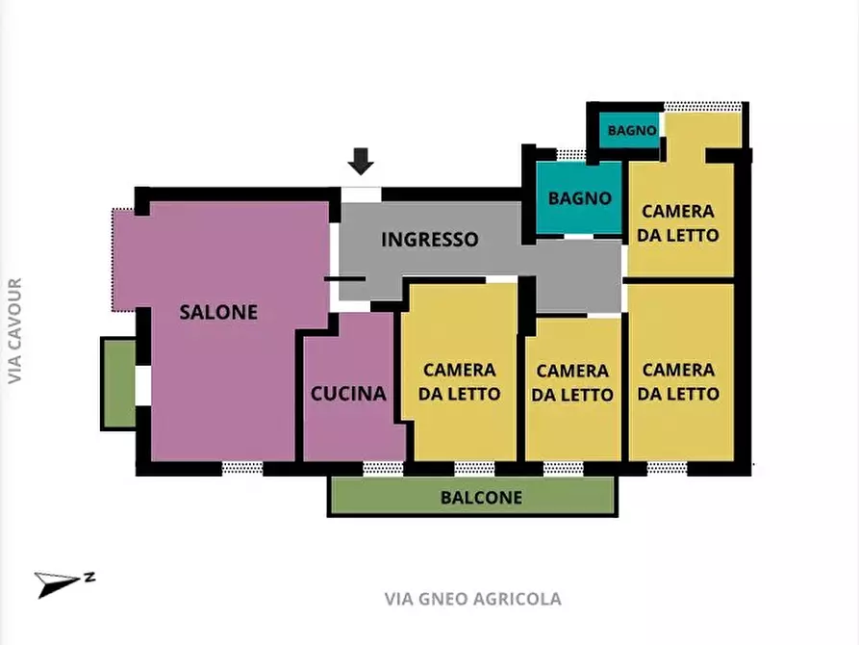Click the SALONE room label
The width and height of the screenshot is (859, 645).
(x=218, y=312)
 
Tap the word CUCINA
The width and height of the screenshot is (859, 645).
(x=348, y=393)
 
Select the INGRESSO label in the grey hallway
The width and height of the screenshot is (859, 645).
(x=429, y=240)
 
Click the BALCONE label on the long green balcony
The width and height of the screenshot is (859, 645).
(x=481, y=498)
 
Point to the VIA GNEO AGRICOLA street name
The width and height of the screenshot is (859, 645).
(x=472, y=599)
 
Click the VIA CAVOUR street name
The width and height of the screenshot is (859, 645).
(x=14, y=331)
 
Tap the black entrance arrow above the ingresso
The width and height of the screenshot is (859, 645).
(x=361, y=162)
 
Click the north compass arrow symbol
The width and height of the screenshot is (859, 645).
(x=58, y=583)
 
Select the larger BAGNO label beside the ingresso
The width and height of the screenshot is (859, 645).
(x=580, y=198)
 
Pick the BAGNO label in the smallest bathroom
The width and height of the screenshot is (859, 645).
(x=632, y=130)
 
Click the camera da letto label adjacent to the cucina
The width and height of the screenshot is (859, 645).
(x=460, y=381)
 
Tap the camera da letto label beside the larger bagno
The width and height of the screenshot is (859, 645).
(x=678, y=222)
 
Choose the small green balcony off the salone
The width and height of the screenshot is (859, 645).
(x=118, y=382)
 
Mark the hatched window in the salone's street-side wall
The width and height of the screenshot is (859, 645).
(x=242, y=469)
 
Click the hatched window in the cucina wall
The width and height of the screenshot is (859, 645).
(x=383, y=469)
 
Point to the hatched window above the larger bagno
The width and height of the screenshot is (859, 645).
(x=571, y=154)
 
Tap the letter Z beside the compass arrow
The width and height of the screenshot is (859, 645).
(x=88, y=578)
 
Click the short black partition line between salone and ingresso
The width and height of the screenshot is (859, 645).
(x=344, y=278)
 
